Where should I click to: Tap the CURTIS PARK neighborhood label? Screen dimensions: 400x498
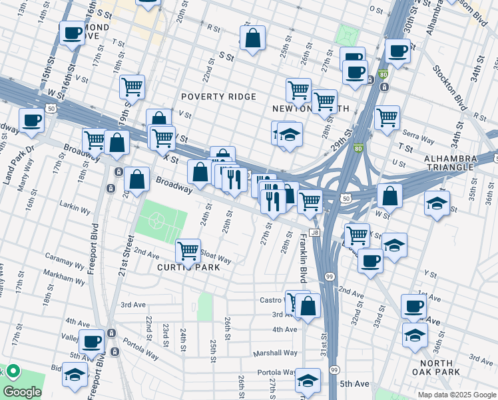click(188, 267)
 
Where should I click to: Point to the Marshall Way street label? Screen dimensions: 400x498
click(274, 353)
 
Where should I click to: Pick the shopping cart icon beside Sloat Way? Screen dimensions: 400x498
click(188, 251)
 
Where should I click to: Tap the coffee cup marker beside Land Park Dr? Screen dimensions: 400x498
click(31, 121)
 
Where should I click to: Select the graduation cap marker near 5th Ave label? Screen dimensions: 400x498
click(308, 381)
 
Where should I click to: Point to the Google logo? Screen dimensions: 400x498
click(22, 392)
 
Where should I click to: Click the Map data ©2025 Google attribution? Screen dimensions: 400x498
click(456, 395)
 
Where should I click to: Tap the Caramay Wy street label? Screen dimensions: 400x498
click(65, 256)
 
